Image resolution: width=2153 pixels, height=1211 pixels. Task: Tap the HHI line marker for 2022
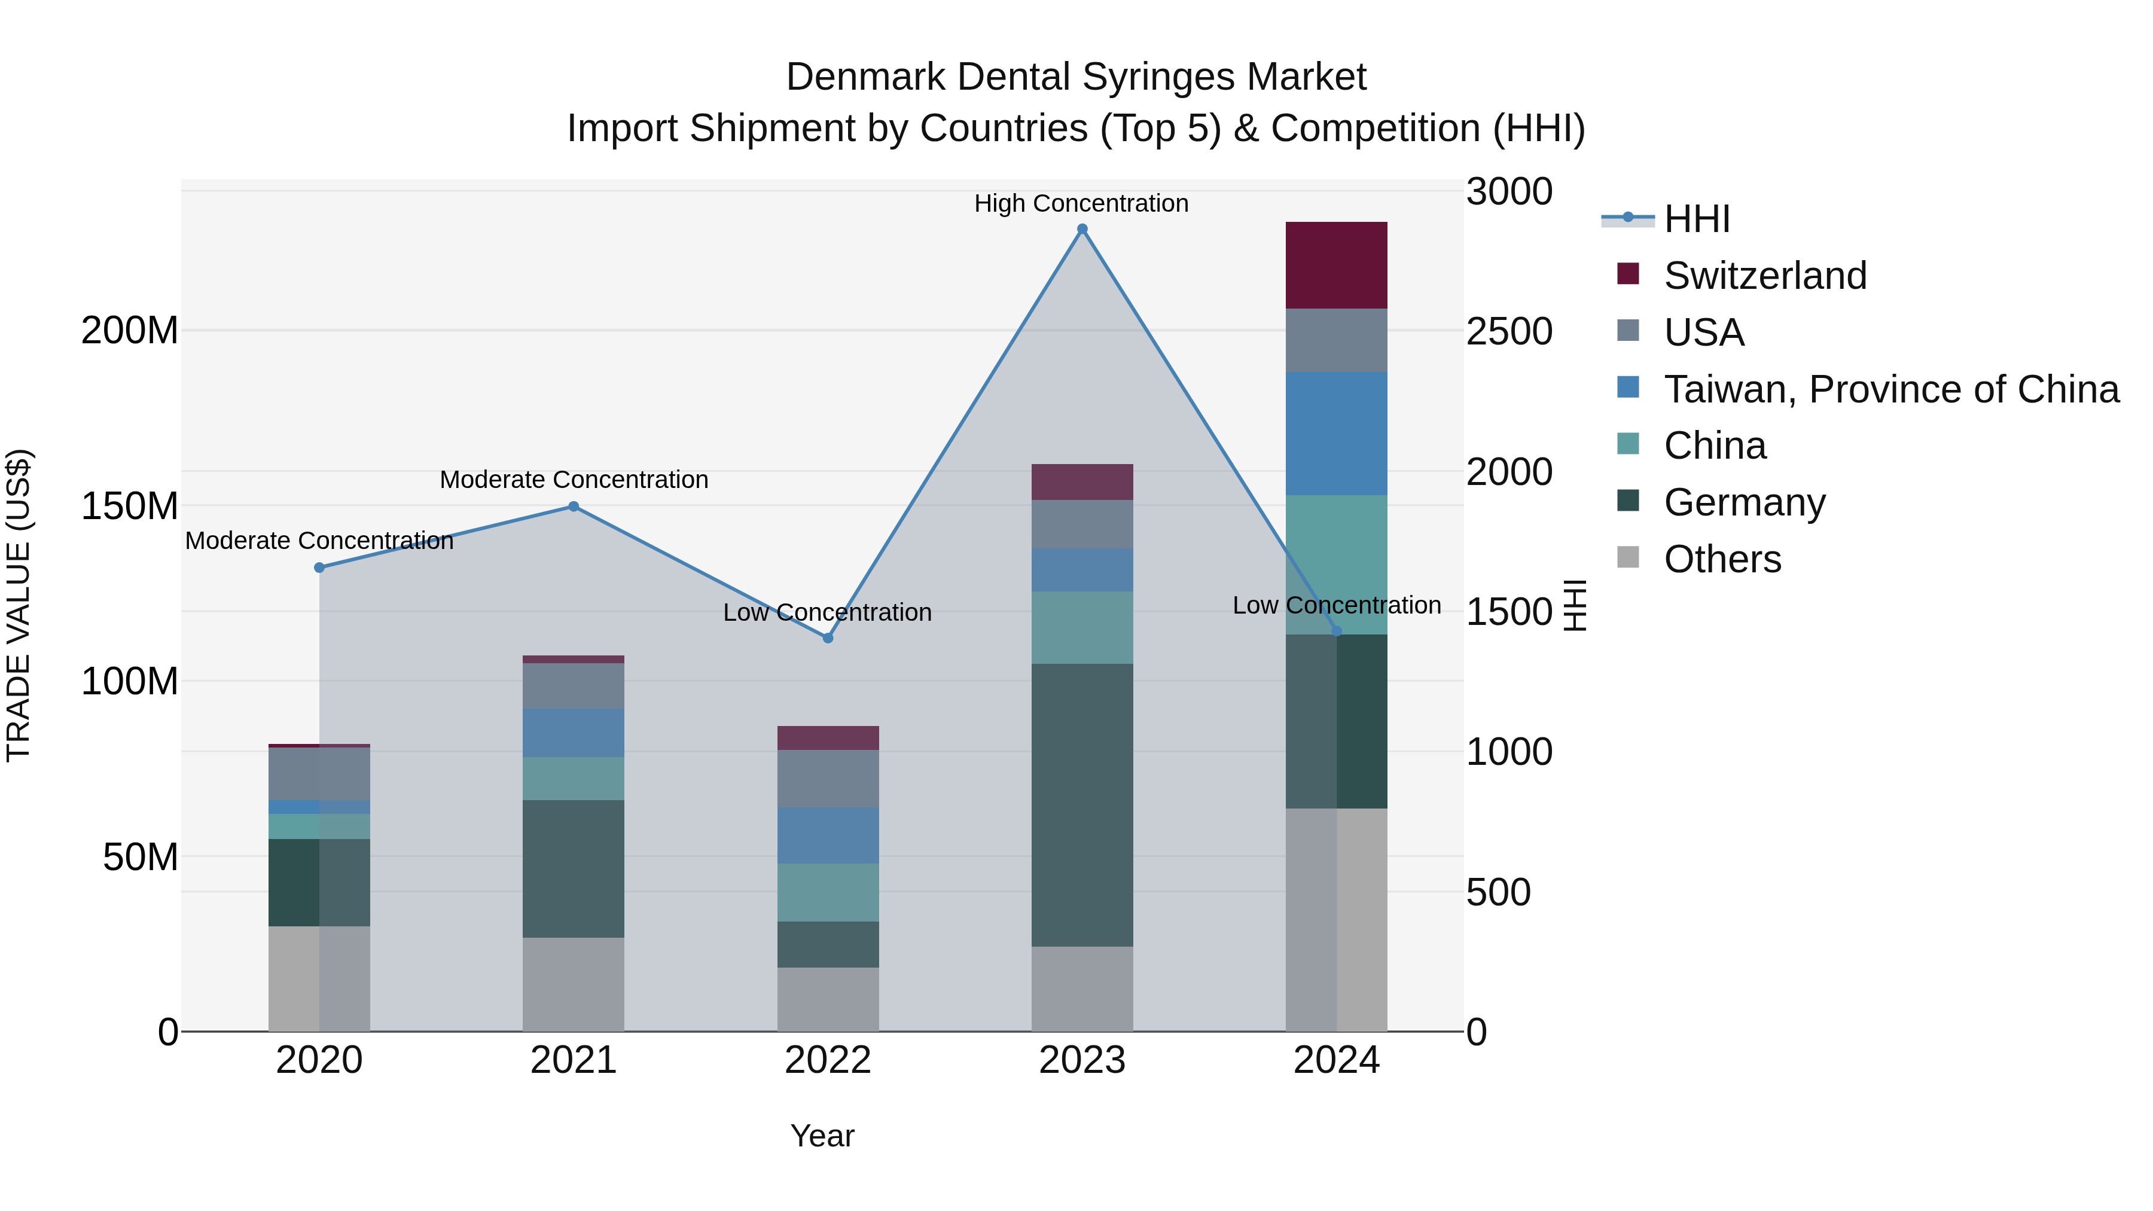tap(828, 637)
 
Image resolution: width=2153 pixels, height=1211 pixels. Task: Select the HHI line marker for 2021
tap(574, 507)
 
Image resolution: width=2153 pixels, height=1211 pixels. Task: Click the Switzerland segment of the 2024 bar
tap(1335, 265)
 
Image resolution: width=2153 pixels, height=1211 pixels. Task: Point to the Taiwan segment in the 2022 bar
tap(828, 835)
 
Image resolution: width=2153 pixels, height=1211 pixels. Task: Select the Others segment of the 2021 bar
tap(574, 984)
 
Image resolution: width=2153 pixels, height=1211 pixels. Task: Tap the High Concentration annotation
tap(1081, 203)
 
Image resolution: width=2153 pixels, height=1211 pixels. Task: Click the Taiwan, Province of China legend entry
tap(1890, 389)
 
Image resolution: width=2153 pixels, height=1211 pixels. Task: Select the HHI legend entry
tap(1696, 219)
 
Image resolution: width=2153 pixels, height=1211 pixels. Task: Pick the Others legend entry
tap(1722, 559)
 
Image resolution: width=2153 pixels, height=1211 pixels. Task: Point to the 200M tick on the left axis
tap(130, 331)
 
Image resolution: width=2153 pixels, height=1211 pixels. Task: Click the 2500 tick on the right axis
tap(1509, 332)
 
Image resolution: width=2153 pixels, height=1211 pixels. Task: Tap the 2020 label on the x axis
tap(319, 1060)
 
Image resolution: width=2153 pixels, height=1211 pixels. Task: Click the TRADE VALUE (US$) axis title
tap(19, 605)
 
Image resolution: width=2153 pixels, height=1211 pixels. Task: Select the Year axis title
tap(822, 1136)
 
